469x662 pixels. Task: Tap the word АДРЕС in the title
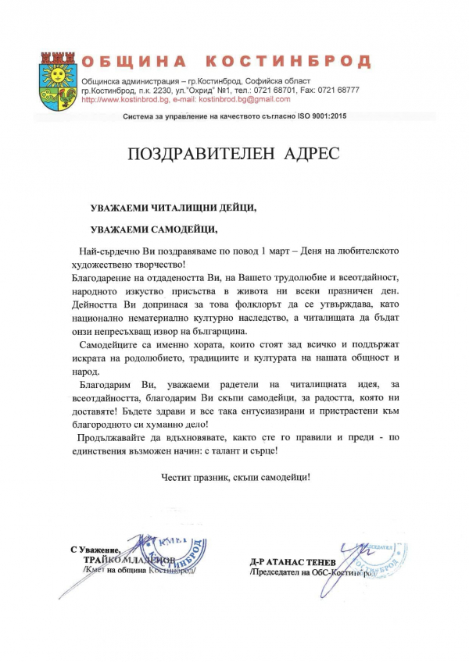coord(310,153)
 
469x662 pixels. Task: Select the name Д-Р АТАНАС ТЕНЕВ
coord(294,561)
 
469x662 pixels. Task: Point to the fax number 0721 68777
coord(339,90)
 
